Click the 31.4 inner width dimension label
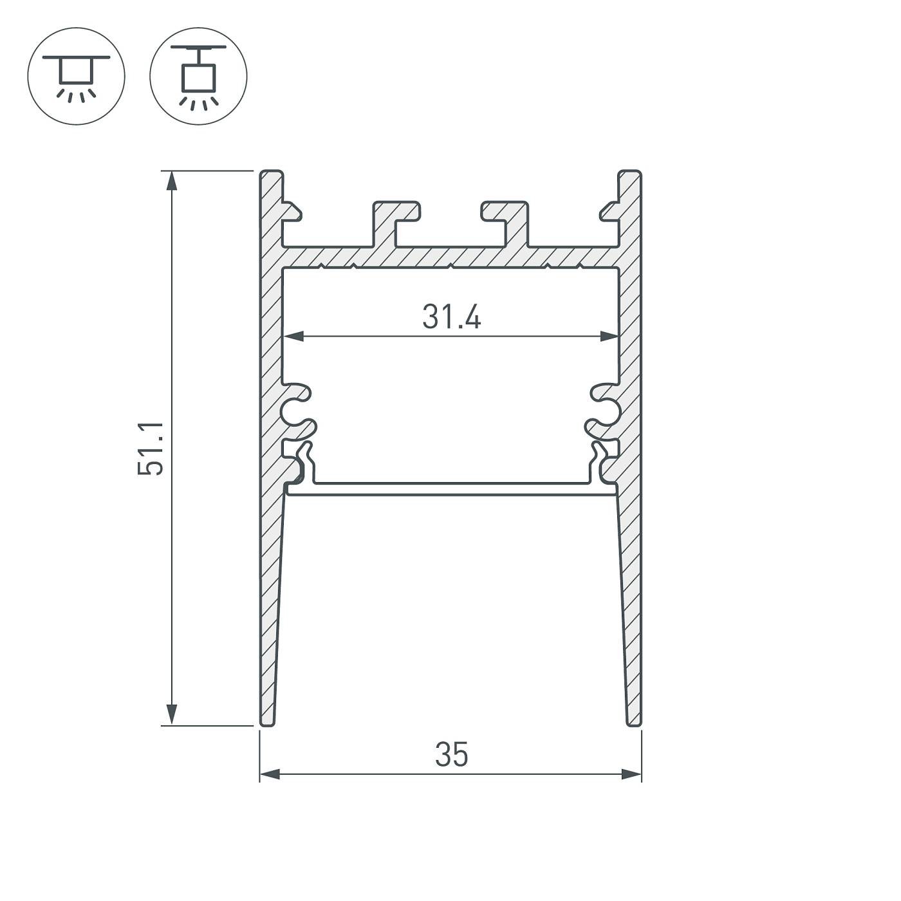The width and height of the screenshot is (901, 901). click(451, 317)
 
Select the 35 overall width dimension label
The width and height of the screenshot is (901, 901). click(451, 755)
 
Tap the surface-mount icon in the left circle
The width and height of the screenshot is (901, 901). click(76, 77)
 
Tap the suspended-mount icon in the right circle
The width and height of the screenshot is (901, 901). click(198, 77)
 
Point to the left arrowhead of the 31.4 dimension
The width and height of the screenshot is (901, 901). click(293, 336)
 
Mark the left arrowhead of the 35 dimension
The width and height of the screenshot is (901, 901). click(270, 774)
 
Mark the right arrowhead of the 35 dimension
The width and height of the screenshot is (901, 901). click(632, 774)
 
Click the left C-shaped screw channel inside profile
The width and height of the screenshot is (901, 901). click(297, 409)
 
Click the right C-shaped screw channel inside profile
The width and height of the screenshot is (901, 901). click(605, 409)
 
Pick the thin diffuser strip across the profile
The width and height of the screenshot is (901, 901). click(451, 489)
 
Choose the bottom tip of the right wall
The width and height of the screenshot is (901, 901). click(634, 722)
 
